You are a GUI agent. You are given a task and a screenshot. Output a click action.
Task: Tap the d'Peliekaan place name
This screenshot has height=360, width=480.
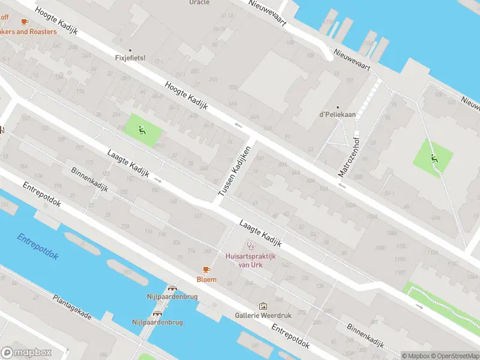click(338, 115)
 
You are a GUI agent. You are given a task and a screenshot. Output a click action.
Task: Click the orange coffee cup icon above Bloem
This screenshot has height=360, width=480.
click(206, 270)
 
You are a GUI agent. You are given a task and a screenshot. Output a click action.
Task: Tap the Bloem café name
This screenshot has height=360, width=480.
click(206, 280)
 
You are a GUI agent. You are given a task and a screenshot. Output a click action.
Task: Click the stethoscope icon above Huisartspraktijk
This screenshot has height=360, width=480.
click(251, 246)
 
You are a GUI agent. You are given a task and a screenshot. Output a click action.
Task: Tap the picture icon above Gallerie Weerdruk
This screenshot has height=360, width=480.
click(262, 306)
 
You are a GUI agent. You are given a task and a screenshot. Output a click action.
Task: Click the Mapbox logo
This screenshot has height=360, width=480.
click(26, 353)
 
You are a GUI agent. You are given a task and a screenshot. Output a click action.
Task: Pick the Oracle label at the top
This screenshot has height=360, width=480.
click(199, 2)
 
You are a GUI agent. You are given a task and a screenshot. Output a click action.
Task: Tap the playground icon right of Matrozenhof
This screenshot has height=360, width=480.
click(434, 158)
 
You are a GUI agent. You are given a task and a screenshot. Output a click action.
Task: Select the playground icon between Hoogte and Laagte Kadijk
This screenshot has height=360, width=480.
click(142, 129)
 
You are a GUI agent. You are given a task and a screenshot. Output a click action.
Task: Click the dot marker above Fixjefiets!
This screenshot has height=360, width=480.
click(130, 51)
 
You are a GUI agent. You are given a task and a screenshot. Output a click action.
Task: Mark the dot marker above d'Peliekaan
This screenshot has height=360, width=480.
click(337, 107)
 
